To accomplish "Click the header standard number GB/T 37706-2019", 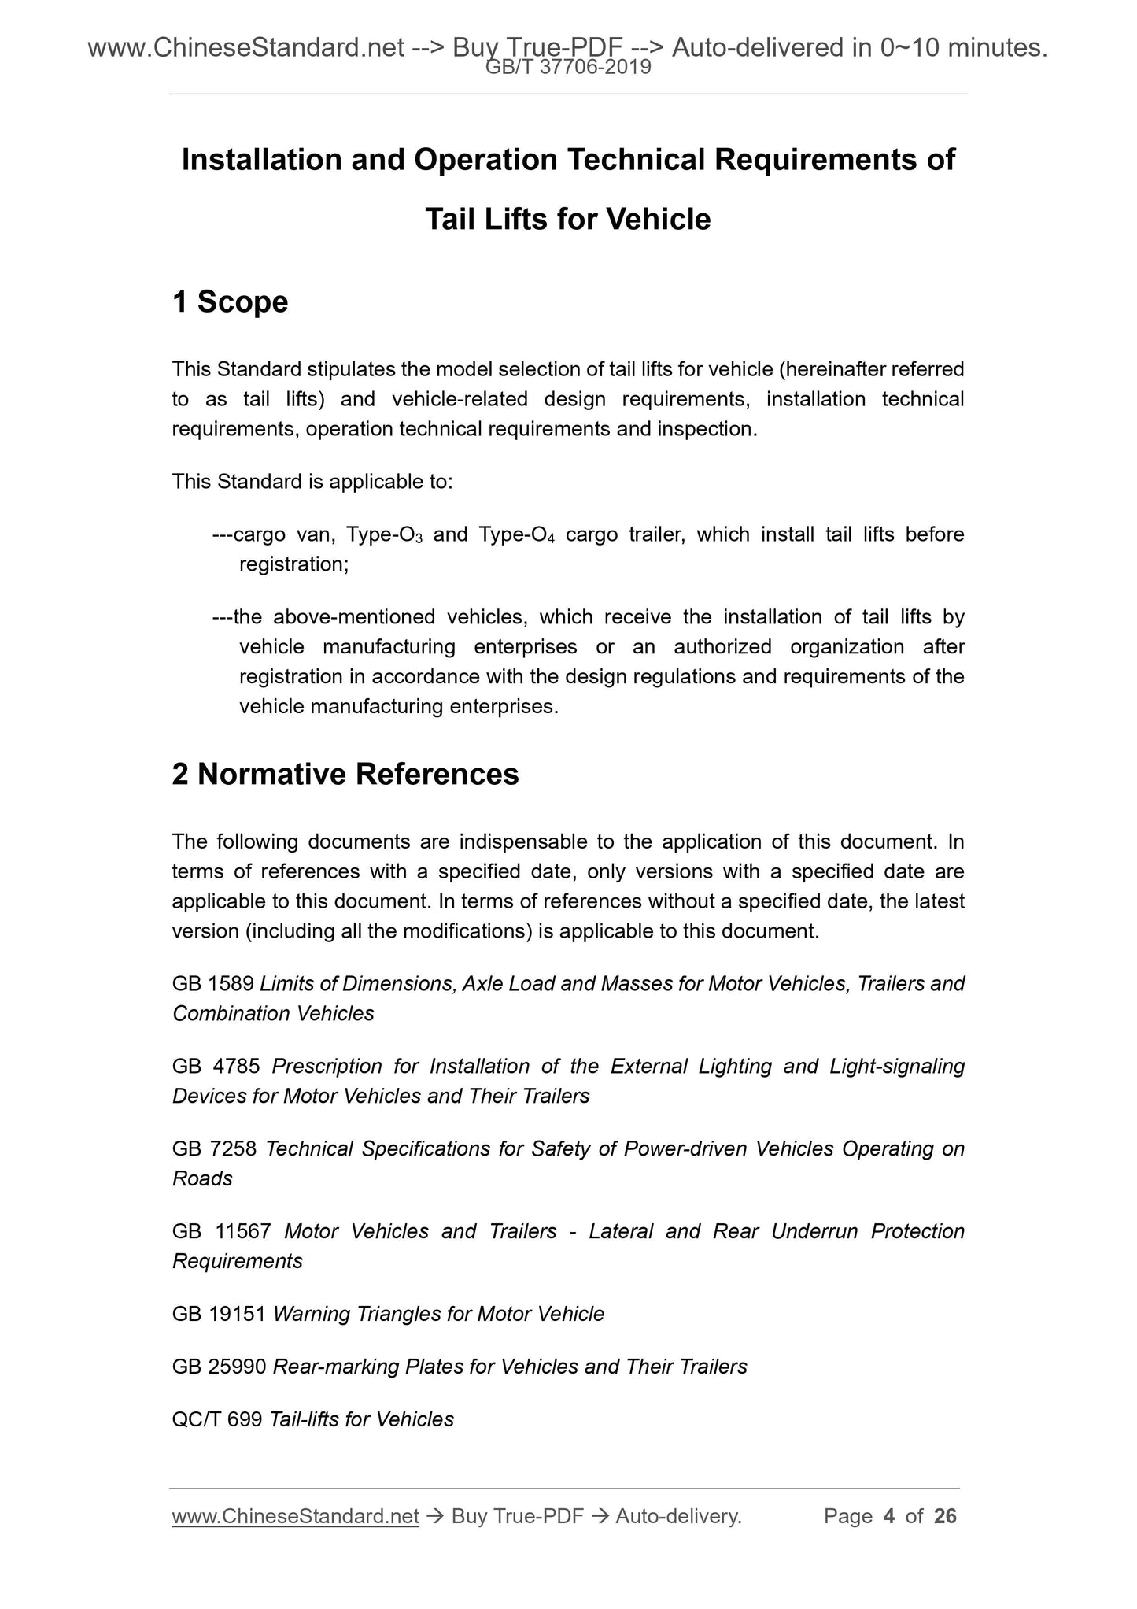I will point(568,68).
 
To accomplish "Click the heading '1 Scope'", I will point(230,301).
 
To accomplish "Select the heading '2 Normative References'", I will point(345,774).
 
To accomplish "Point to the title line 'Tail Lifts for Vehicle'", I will point(567,219).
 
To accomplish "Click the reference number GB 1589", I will point(212,983).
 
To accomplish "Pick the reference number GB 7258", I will point(214,1148).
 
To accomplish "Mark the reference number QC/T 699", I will point(217,1419).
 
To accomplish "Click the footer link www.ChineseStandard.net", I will point(295,1516).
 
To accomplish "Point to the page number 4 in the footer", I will point(889,1516).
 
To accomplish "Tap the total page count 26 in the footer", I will point(945,1516).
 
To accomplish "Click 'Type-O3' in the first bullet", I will point(386,535).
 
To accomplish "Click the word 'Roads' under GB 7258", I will point(202,1178).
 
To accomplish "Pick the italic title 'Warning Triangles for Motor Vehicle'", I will point(438,1314).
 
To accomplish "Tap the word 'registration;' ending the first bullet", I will point(293,564).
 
